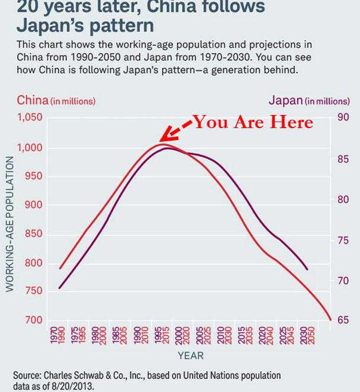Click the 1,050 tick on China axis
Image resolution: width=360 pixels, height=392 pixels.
tap(29, 117)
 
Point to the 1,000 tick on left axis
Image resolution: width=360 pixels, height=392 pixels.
tap(29, 148)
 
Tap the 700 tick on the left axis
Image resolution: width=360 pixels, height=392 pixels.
tap(33, 320)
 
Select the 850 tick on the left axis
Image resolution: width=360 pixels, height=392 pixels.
tap(33, 234)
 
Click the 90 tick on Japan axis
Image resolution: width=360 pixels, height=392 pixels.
tap(342, 117)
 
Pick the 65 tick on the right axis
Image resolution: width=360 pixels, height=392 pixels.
tap(342, 320)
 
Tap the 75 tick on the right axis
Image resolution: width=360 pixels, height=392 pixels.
tap(342, 239)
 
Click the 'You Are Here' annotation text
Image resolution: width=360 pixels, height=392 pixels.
tap(253, 122)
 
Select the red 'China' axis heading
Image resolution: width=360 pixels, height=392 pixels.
tap(32, 100)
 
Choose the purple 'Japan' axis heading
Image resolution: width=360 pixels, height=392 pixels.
tap(285, 100)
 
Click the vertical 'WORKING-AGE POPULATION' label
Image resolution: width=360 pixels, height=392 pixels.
tap(10, 224)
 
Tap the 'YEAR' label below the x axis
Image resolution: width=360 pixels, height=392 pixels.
tap(190, 356)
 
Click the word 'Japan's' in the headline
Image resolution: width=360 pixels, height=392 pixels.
tap(54, 26)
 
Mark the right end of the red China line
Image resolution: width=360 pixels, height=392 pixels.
tap(330, 319)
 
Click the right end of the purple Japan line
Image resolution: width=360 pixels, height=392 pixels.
tap(308, 269)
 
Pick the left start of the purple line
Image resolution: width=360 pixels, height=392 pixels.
tap(60, 288)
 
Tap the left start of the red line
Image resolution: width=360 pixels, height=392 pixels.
tap(60, 268)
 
